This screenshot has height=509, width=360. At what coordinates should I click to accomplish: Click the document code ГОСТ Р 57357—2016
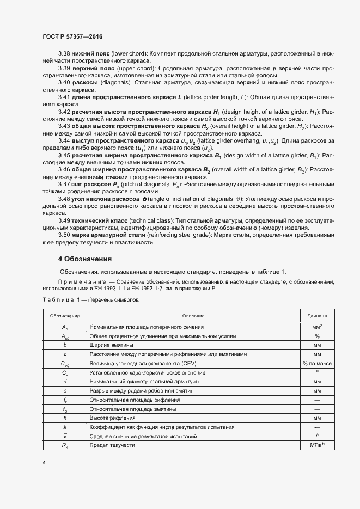coord(72,36)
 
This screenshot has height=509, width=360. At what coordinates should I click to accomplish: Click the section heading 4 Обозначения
coord(85,259)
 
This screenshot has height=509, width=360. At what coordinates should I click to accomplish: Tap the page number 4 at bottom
coord(44,462)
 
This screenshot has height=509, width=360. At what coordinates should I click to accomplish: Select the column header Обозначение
coord(65,316)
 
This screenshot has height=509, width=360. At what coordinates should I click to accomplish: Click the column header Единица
coord(317,316)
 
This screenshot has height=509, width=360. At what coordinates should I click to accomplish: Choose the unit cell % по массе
coord(317,363)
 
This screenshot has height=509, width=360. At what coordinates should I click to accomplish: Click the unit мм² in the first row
coord(317,327)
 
